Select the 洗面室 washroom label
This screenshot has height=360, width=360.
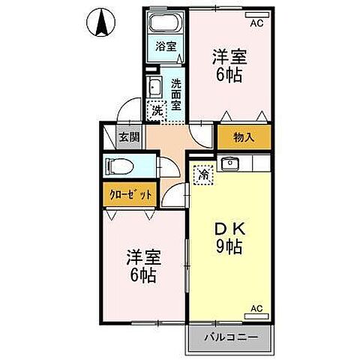point(175,94)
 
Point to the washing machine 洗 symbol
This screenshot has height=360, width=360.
point(157,110)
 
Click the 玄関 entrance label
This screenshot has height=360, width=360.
point(128,137)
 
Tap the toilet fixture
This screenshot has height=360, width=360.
point(120,165)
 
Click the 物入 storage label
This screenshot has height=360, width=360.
point(243,137)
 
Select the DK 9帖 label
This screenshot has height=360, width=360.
point(229,236)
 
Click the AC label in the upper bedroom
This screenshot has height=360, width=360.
point(257,24)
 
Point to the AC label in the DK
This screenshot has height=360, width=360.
point(257,308)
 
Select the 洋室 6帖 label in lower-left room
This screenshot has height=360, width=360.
point(140,266)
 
